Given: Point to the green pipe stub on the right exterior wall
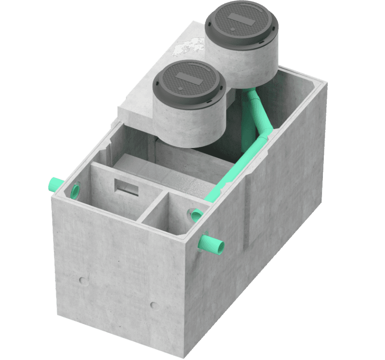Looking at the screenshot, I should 212,243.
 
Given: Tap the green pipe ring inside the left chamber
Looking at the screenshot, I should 76,191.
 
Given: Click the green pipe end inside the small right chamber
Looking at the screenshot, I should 196,216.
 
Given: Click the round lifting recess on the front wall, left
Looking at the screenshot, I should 82,280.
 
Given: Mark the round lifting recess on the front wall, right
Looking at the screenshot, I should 153,305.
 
